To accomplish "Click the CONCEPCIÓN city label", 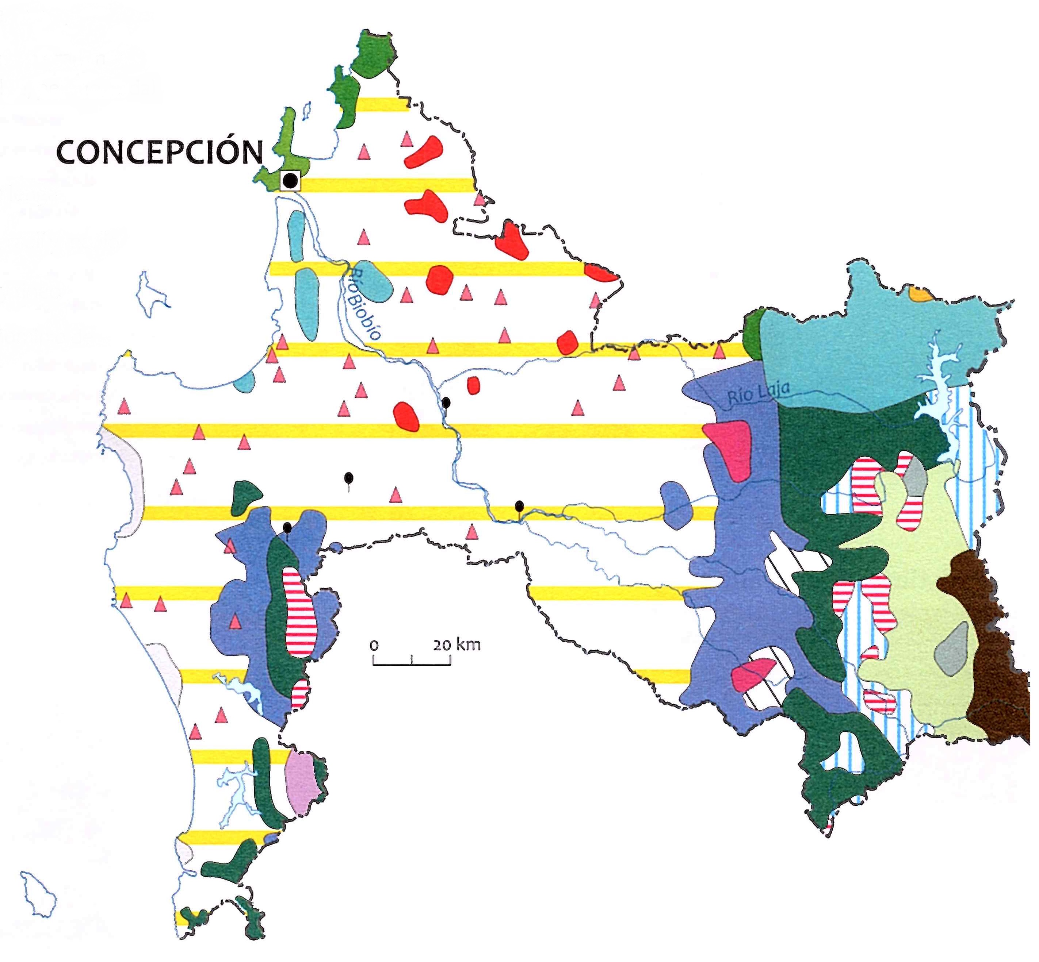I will coord(159,152).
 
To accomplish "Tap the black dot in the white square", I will coord(290,181).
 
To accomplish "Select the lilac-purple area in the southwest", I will coord(302,784).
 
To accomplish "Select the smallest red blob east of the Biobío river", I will coord(473,385).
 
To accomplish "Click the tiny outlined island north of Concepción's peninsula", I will coord(307,109).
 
